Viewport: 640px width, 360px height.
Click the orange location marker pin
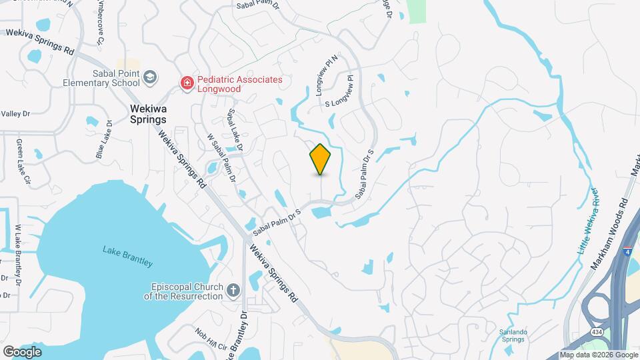tap(321, 159)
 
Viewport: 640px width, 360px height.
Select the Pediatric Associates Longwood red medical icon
tap(188, 83)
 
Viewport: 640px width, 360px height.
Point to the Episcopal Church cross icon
tap(233, 290)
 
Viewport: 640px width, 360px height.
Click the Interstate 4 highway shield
tap(627, 252)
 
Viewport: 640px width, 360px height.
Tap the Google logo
tap(22, 351)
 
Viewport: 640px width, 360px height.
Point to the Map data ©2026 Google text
tap(598, 355)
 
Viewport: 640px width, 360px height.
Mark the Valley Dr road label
tap(16, 114)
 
